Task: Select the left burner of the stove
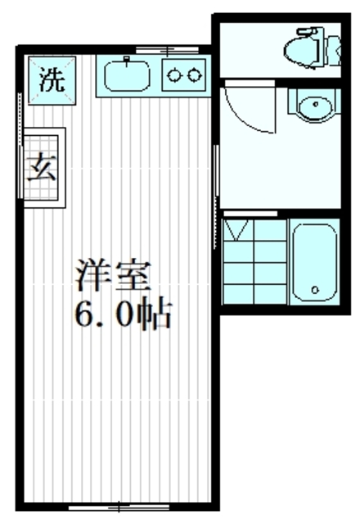point(175,76)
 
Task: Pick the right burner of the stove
point(194,76)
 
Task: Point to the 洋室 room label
point(115,276)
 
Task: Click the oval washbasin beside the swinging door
point(312,107)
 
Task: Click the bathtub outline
point(313,261)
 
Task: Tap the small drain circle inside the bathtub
point(314,290)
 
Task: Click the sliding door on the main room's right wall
point(217,172)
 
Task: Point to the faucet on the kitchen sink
point(127,62)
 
